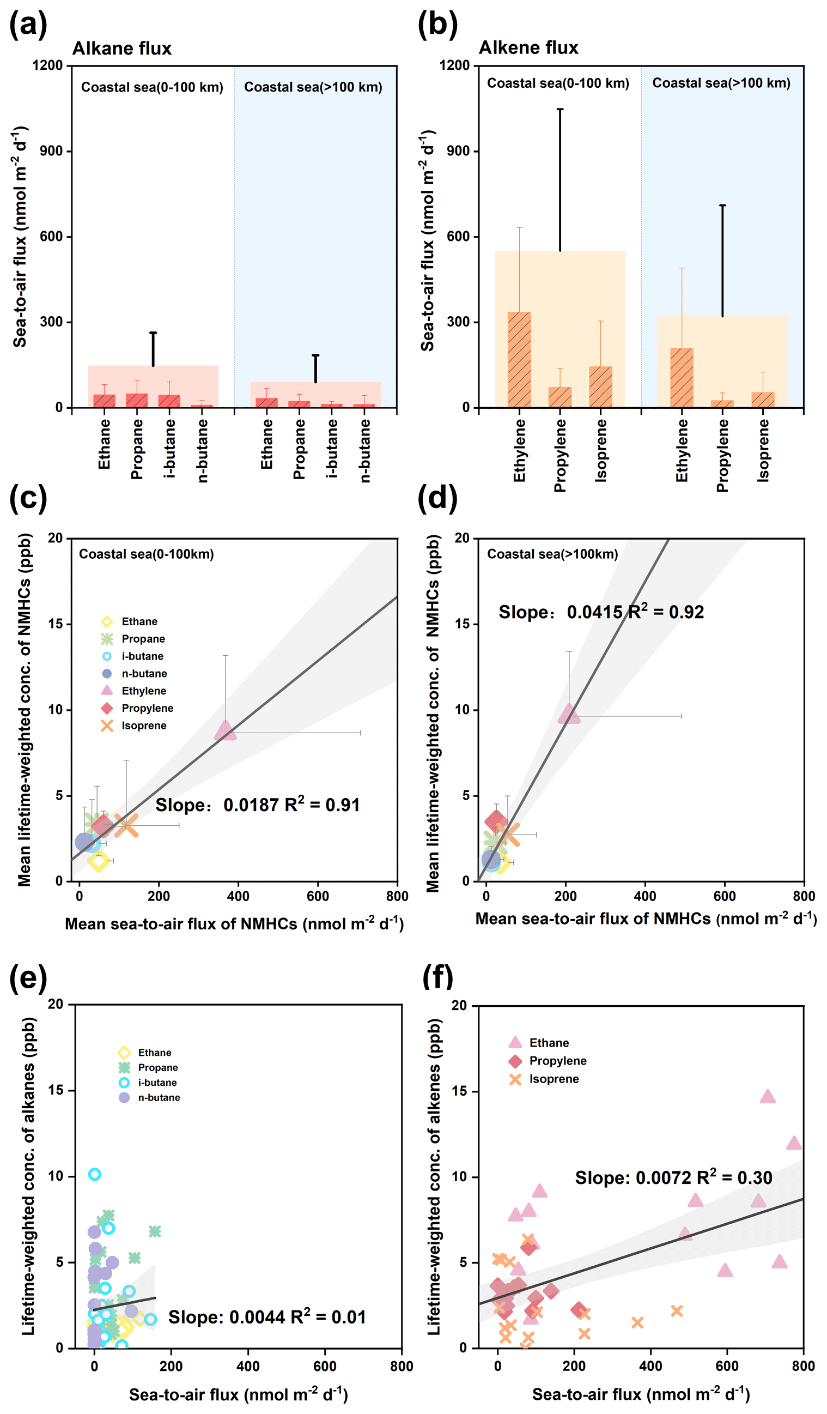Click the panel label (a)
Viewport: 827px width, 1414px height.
point(28,25)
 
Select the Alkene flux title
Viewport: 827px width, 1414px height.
point(528,47)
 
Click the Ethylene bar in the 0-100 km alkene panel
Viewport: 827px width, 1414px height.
point(519,359)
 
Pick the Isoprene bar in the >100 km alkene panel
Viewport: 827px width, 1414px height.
point(763,399)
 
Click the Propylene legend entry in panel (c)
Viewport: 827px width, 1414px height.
point(147,708)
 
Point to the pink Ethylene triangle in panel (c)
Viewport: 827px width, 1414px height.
point(226,730)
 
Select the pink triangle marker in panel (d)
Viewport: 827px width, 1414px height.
point(569,714)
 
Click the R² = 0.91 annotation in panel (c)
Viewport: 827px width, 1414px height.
point(322,805)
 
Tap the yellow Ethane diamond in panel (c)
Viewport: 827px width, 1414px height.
point(99,861)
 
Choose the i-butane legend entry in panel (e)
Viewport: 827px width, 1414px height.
point(157,1083)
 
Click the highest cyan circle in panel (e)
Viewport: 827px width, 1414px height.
point(95,1174)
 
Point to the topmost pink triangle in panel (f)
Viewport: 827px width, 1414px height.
point(768,1096)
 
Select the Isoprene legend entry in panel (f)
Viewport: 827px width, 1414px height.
point(554,1079)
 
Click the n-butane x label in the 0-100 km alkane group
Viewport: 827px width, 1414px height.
point(203,451)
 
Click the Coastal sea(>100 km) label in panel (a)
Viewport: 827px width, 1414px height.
point(313,87)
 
